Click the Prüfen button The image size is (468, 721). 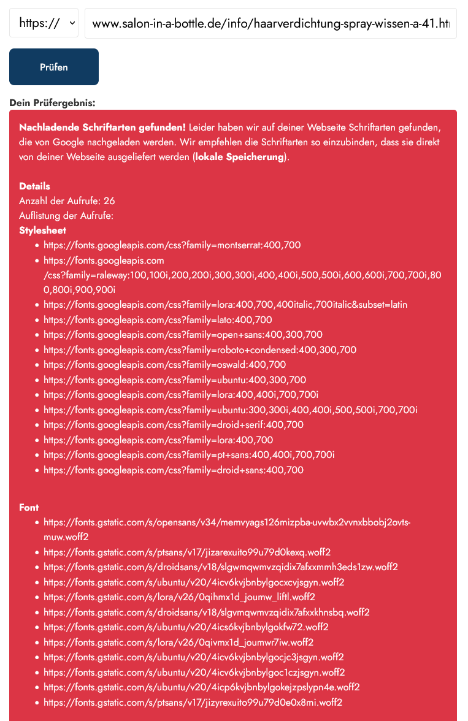[54, 67]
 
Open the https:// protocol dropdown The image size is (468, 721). [44, 23]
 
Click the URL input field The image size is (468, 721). [270, 24]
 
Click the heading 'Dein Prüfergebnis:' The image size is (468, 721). [52, 102]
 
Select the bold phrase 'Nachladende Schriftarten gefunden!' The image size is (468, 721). [102, 128]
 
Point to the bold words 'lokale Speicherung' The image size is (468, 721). [240, 157]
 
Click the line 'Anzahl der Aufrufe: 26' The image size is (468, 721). [67, 201]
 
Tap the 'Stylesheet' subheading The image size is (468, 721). [42, 231]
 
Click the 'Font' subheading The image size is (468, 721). [29, 508]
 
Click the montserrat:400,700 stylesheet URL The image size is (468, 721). [172, 245]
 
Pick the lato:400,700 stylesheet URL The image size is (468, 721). [158, 320]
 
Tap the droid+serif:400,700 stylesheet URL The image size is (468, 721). [174, 425]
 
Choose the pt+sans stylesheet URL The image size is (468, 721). [189, 455]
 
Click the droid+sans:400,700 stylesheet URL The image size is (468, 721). [174, 470]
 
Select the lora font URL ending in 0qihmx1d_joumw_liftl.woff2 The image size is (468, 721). [179, 597]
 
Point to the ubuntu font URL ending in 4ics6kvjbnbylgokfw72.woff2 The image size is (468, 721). [186, 627]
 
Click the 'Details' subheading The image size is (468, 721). [34, 186]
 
